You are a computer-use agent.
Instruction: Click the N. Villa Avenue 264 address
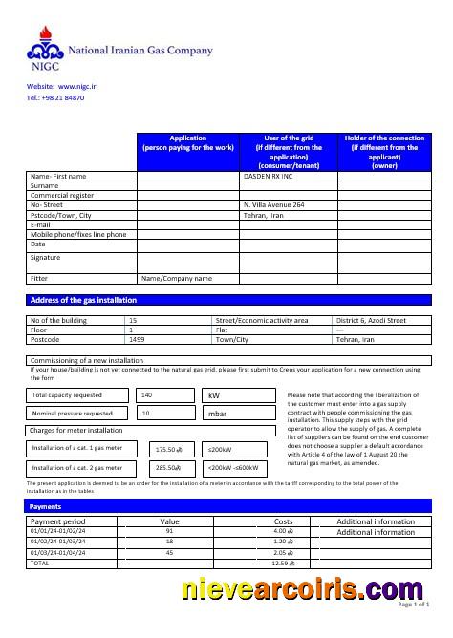(x=274, y=205)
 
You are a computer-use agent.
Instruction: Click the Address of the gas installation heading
(x=84, y=300)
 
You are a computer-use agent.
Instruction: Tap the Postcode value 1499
(x=137, y=339)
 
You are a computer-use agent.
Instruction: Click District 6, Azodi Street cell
(x=372, y=320)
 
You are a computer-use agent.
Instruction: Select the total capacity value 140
(x=146, y=394)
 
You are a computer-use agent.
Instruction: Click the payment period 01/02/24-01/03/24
(x=58, y=541)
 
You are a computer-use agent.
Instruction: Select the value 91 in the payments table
(x=169, y=531)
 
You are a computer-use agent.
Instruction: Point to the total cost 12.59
(x=283, y=563)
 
